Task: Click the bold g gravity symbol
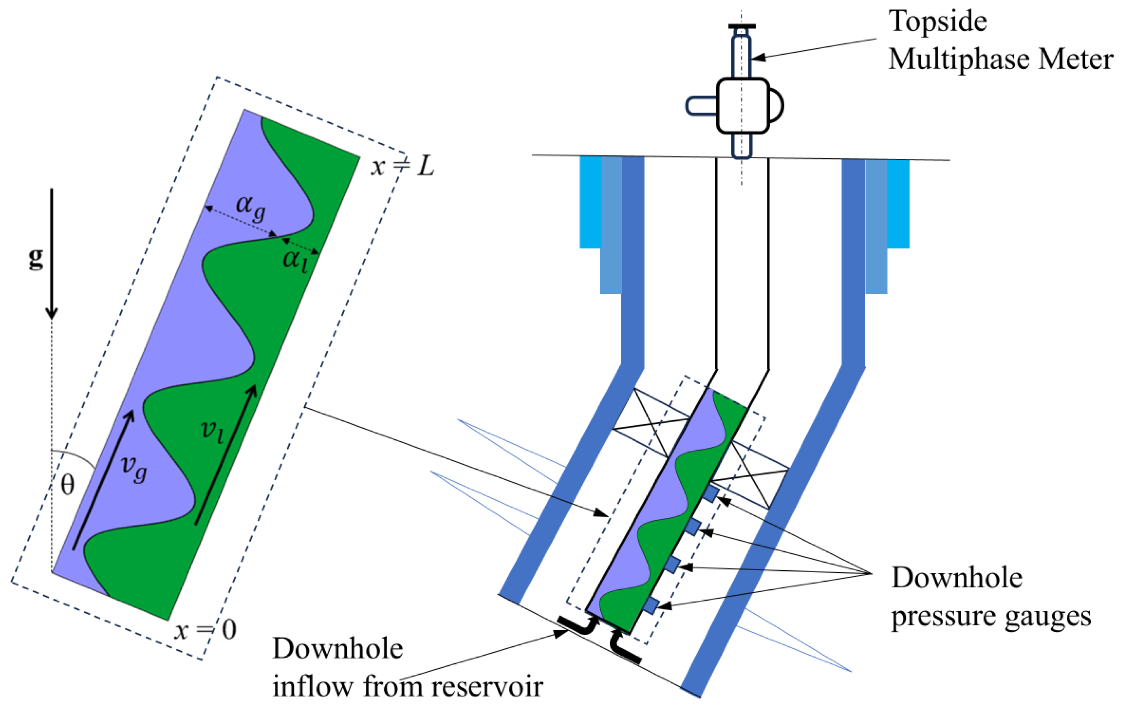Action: pos(36,259)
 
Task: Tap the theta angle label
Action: pos(68,485)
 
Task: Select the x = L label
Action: pos(403,166)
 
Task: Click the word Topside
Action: pos(938,22)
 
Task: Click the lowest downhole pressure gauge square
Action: pos(651,605)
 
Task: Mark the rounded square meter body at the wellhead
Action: pos(742,106)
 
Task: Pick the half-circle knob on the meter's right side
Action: pos(776,106)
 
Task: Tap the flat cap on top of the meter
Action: pos(742,27)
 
